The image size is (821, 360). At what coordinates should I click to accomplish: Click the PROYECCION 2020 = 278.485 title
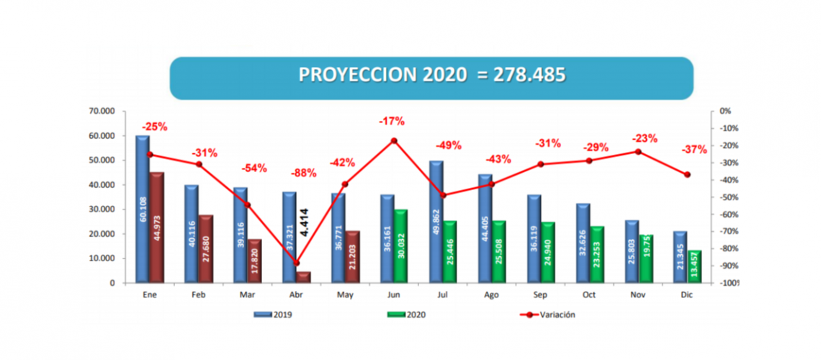pos(431,75)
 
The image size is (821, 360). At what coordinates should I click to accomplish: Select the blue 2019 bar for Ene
pos(143,209)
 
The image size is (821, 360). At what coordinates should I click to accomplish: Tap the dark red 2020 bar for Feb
pos(205,248)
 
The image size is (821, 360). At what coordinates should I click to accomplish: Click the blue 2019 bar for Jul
pos(435,222)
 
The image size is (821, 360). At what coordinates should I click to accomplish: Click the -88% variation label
pos(303,174)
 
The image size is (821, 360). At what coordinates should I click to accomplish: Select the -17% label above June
pos(392,120)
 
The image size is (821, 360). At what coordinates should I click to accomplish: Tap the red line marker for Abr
pos(297,263)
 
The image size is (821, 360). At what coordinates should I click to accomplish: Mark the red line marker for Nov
pos(637,151)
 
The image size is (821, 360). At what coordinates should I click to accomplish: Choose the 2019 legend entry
pos(273,314)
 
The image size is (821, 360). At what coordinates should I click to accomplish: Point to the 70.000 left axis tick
pos(102,112)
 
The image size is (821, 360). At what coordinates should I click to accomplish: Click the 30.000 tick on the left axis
pos(102,210)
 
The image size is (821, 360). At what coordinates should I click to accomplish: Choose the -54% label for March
pos(254,168)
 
